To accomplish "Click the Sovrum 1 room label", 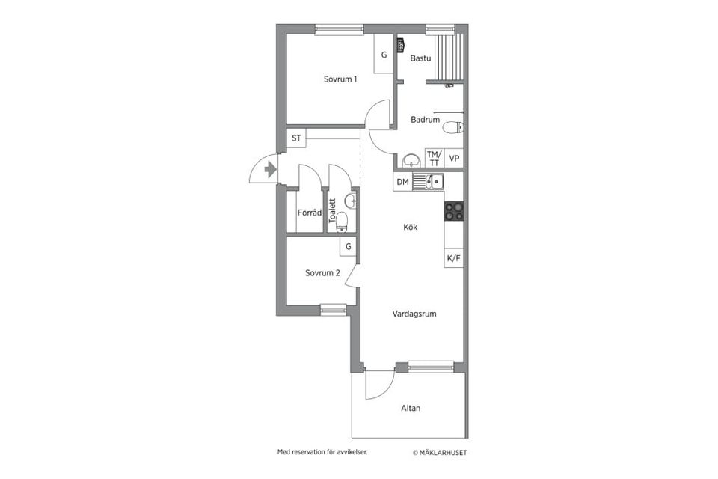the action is pyautogui.click(x=340, y=79).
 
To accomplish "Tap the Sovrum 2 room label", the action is pyautogui.click(x=322, y=273).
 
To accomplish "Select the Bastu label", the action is pyautogui.click(x=420, y=58).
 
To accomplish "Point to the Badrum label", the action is pyautogui.click(x=425, y=120).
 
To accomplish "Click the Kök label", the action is pyautogui.click(x=411, y=227).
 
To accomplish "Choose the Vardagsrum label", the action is pyautogui.click(x=414, y=314).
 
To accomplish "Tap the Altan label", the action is pyautogui.click(x=411, y=408).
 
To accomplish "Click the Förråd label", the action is pyautogui.click(x=310, y=213).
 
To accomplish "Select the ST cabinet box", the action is pyautogui.click(x=296, y=138).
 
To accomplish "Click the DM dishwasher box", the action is pyautogui.click(x=403, y=182).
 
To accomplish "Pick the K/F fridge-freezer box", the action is pyautogui.click(x=454, y=258).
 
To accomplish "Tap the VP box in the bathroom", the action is pyautogui.click(x=454, y=159).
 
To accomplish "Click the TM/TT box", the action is pyautogui.click(x=435, y=159).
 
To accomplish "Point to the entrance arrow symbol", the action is pyautogui.click(x=271, y=170).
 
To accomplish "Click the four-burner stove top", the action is pyautogui.click(x=454, y=212).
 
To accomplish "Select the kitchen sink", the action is pyautogui.click(x=428, y=182).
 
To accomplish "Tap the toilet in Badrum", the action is pyautogui.click(x=454, y=127).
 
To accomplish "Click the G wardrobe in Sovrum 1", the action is pyautogui.click(x=384, y=54).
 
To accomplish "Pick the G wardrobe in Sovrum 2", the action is pyautogui.click(x=348, y=246).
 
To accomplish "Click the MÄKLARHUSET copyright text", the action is pyautogui.click(x=440, y=452).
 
